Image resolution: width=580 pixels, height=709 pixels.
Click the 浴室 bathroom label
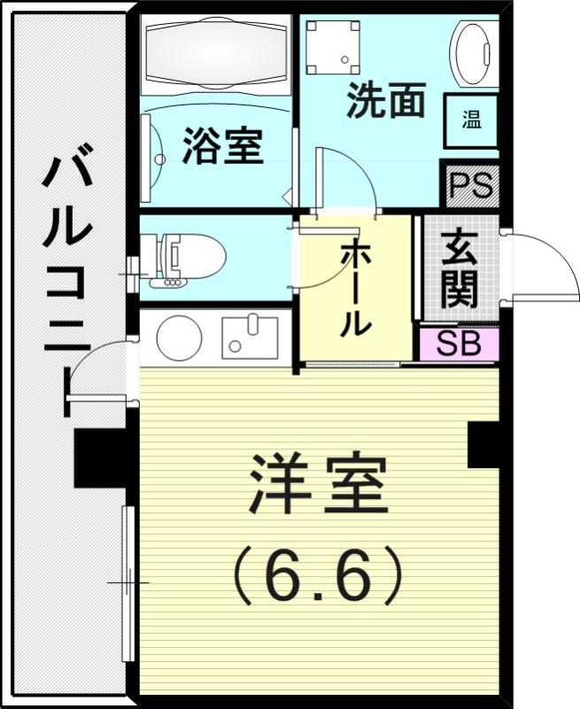[x=222, y=147]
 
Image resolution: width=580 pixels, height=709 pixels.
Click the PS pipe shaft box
[x=470, y=186]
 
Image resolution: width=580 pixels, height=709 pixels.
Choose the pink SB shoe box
[x=459, y=344]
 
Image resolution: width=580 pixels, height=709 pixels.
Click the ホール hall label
[x=355, y=288]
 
